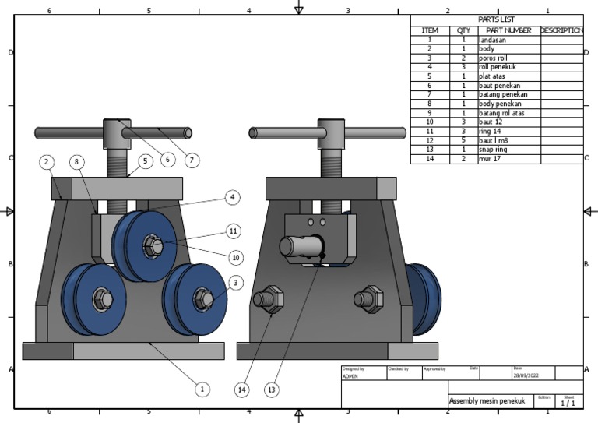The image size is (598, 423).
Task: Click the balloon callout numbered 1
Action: pos(202,389)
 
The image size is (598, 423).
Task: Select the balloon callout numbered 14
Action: pos(243,389)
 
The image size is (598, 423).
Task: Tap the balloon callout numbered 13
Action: pos(271,389)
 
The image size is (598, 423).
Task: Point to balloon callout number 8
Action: pos(76,162)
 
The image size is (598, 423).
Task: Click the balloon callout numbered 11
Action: pos(233,231)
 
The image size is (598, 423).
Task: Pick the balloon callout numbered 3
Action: pos(236,282)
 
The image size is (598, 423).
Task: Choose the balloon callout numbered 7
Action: pos(192,160)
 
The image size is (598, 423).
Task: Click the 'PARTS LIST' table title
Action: pos(496,19)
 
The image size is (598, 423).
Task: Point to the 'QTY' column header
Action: pos(463,30)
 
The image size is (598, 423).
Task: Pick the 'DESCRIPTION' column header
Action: pos(561,30)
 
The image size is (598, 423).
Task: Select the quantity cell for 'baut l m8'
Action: pos(463,140)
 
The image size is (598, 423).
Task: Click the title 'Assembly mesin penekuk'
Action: pos(487,400)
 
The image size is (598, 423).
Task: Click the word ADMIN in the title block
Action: pos(351,375)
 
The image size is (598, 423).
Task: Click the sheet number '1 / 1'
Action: pos(568,403)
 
